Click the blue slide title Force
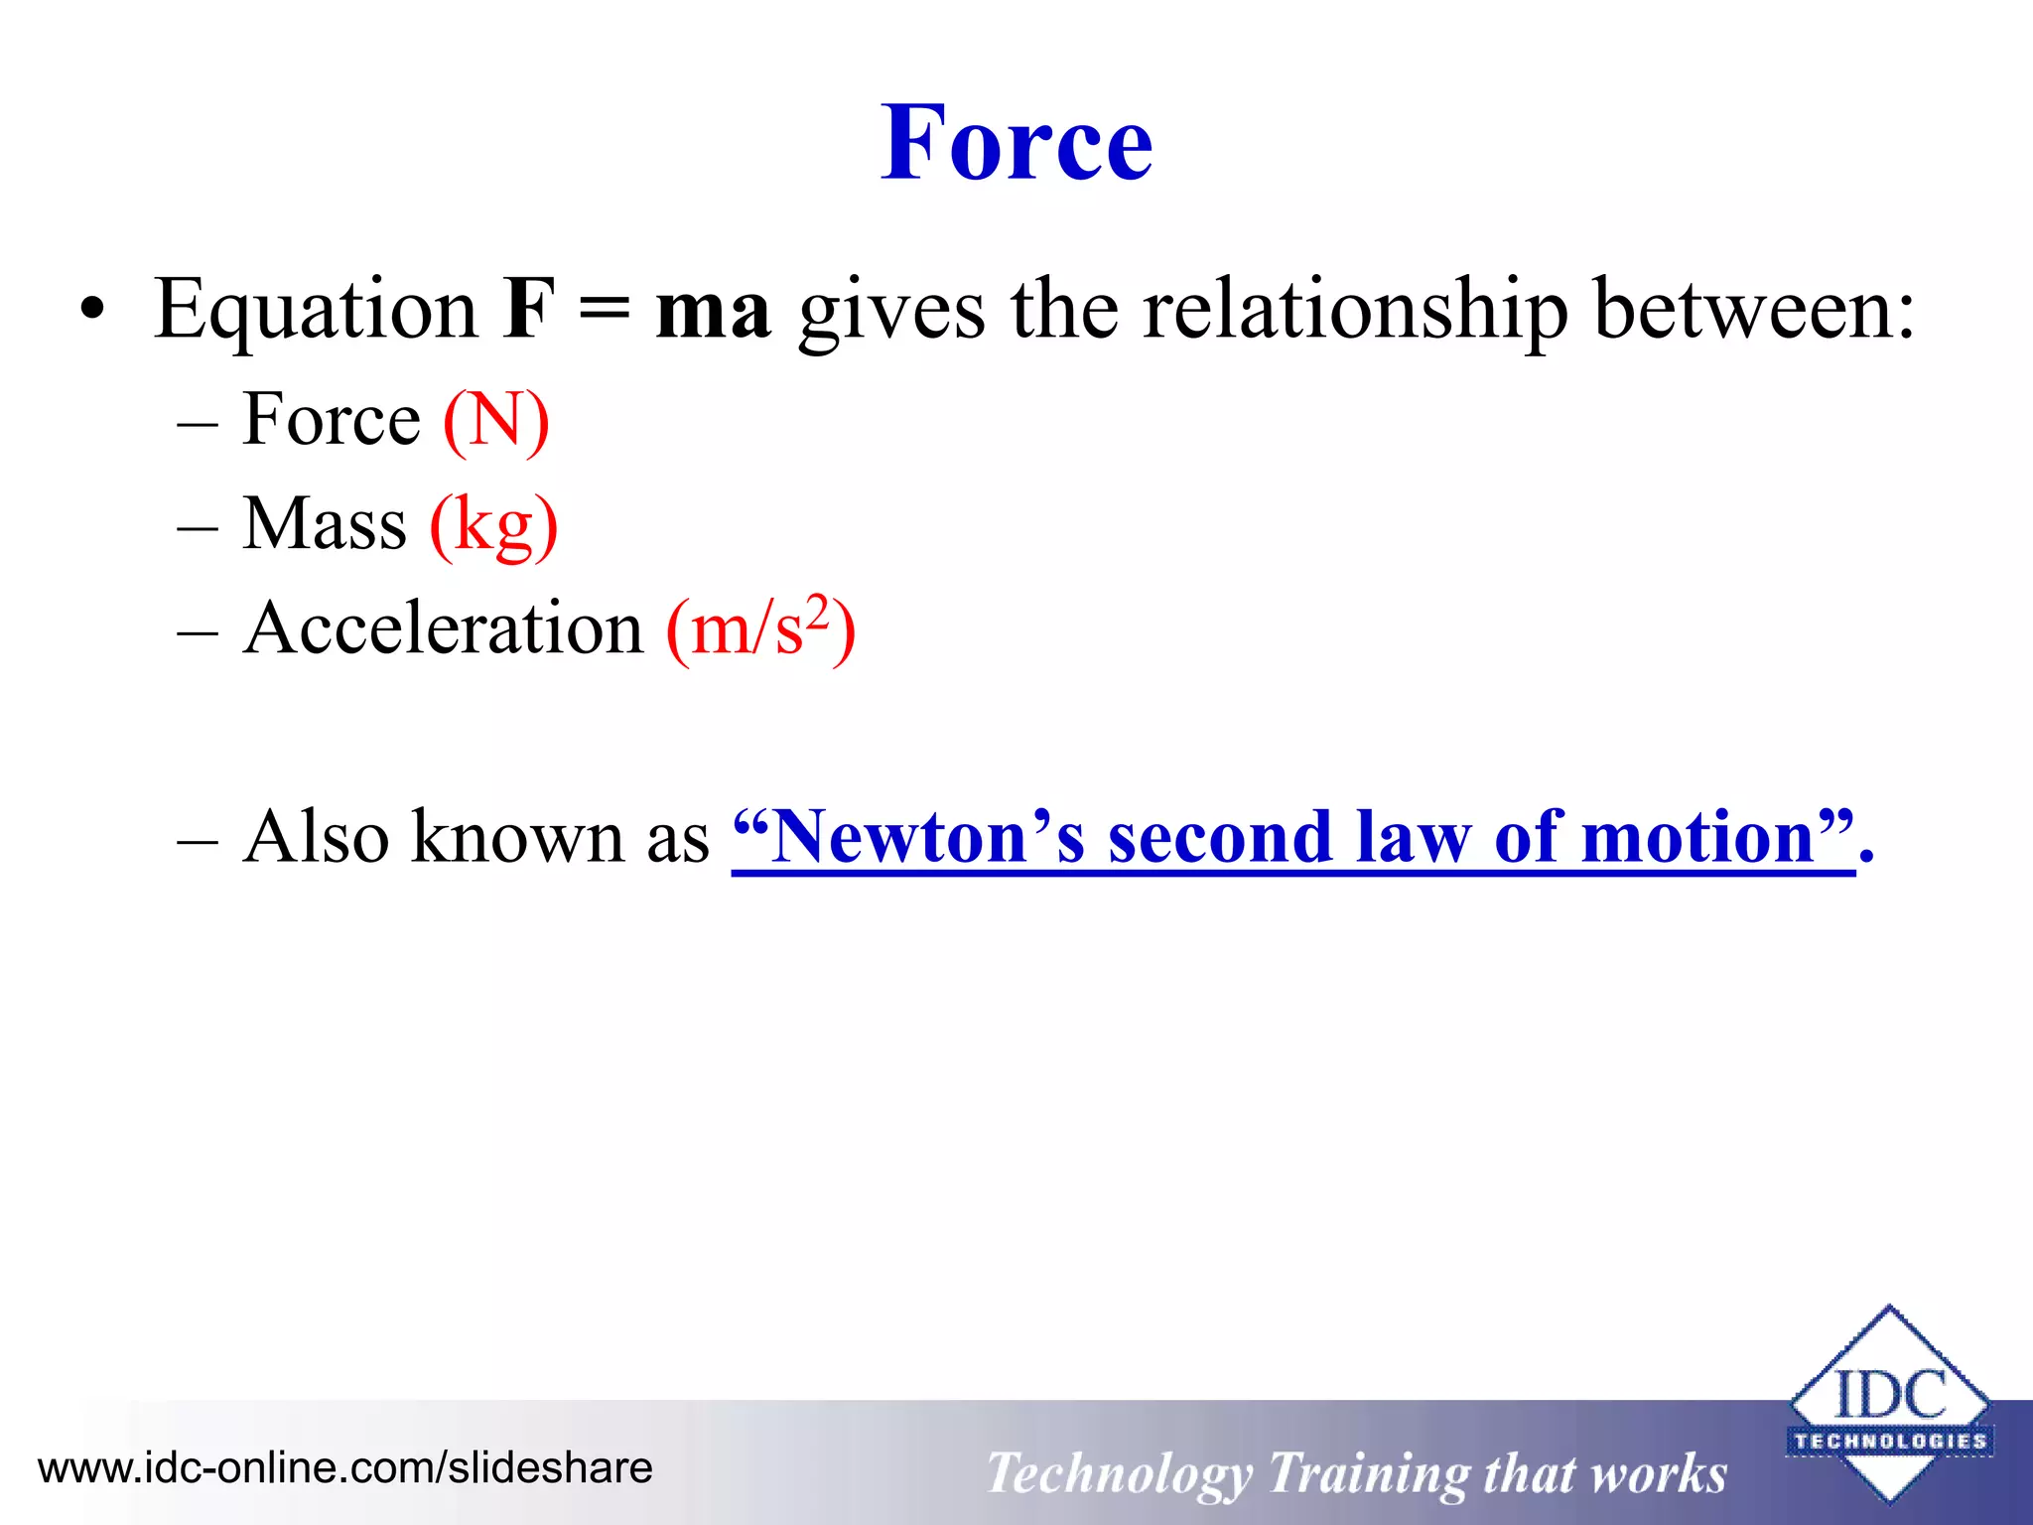[x=1016, y=144]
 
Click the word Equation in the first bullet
[x=316, y=311]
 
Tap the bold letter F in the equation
[x=527, y=309]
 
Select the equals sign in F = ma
[x=604, y=310]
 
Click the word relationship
[x=1354, y=311]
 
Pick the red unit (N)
[x=495, y=421]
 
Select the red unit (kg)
[x=493, y=526]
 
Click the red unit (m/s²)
[x=760, y=629]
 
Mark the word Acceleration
[x=444, y=628]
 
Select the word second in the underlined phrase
[x=1219, y=837]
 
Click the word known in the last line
[x=518, y=837]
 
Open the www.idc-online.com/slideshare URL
[x=344, y=1467]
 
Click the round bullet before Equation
[x=92, y=311]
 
